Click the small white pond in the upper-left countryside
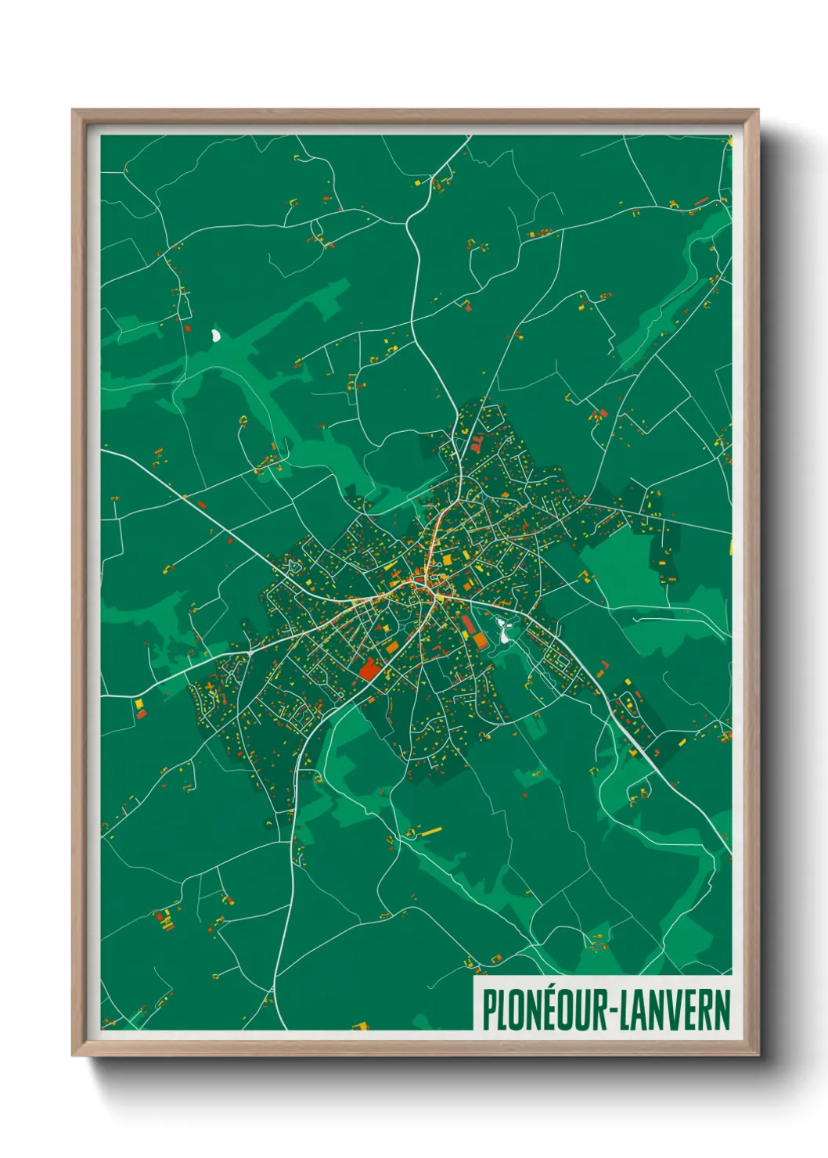point(215,336)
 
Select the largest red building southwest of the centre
point(368,670)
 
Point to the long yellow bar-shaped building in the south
point(430,830)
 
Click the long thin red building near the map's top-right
point(701,202)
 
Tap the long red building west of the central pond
point(468,624)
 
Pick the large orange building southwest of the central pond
point(479,641)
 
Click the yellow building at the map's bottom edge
point(361,1024)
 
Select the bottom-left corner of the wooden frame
point(74,1055)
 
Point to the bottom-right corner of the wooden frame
point(758,1055)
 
